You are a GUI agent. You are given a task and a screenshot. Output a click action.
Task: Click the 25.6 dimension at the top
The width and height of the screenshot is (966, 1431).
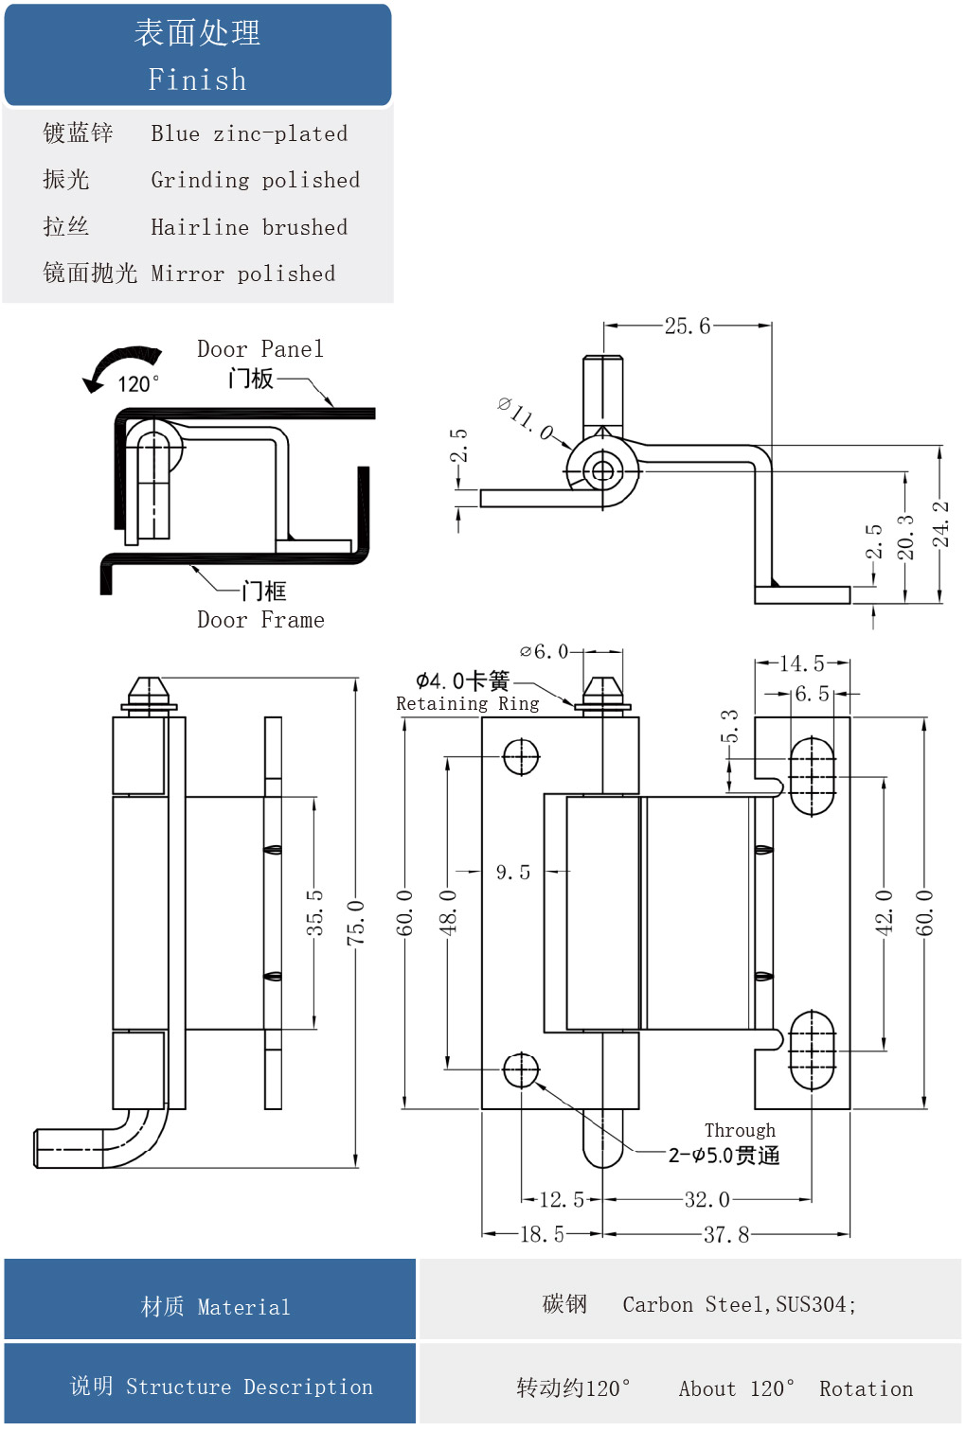(687, 327)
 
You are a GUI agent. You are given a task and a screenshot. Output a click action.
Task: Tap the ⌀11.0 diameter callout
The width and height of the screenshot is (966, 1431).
(526, 418)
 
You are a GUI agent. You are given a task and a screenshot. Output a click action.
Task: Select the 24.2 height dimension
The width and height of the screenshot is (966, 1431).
(939, 524)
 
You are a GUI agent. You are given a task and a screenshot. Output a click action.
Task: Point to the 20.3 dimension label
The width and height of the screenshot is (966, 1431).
(905, 537)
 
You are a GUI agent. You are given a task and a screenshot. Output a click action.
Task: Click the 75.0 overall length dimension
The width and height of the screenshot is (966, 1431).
(355, 923)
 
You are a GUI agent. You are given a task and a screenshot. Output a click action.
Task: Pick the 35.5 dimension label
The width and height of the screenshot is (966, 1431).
(314, 912)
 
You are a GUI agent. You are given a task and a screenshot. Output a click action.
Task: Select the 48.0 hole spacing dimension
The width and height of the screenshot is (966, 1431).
(447, 911)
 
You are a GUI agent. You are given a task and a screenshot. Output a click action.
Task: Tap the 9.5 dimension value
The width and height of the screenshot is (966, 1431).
(512, 872)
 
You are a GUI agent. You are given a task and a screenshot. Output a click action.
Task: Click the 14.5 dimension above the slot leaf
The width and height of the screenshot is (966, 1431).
(801, 663)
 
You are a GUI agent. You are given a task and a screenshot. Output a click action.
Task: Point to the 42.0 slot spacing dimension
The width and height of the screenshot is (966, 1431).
(884, 911)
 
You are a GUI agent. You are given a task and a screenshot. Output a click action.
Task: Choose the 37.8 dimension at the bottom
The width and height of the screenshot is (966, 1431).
(725, 1234)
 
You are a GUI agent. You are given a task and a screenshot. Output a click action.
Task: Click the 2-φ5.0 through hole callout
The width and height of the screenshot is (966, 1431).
(724, 1156)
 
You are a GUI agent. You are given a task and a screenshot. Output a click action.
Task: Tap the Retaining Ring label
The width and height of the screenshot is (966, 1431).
(467, 704)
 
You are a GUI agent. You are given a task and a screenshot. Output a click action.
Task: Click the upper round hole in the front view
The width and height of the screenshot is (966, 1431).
(521, 757)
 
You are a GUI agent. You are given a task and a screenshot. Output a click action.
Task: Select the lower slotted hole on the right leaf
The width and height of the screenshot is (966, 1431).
(812, 1051)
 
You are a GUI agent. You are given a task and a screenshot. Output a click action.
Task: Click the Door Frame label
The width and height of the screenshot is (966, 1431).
(260, 620)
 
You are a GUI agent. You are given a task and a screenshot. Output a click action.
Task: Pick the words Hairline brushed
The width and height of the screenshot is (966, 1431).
(249, 227)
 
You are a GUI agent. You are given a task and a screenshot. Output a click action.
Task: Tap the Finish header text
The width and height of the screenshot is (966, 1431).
(197, 79)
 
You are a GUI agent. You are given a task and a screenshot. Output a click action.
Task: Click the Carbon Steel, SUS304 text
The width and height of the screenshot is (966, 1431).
(739, 1305)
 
